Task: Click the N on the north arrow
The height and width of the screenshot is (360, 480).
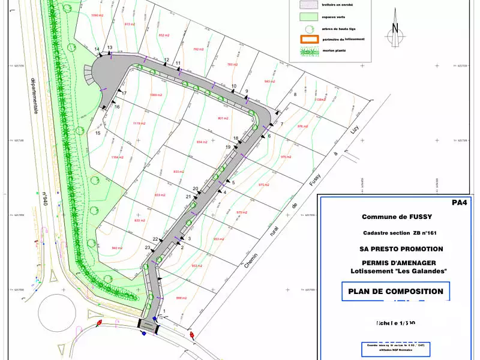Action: pyautogui.click(x=395, y=28)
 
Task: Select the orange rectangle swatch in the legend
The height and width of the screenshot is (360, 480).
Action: pyautogui.click(x=309, y=39)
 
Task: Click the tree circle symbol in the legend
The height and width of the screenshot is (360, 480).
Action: pyautogui.click(x=308, y=28)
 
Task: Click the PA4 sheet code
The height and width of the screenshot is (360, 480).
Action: pyautogui.click(x=458, y=203)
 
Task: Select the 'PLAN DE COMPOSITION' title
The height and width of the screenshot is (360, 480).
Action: pyautogui.click(x=396, y=292)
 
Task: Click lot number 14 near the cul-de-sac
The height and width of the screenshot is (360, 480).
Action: pyautogui.click(x=97, y=49)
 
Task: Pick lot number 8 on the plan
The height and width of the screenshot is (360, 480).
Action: pyautogui.click(x=295, y=94)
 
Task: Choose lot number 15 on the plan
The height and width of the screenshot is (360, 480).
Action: pyautogui.click(x=98, y=133)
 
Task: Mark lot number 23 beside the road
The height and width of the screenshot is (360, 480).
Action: pyautogui.click(x=148, y=247)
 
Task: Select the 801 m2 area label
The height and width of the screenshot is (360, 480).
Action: pyautogui.click(x=224, y=118)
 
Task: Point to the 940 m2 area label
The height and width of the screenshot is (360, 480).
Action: pyautogui.click(x=116, y=248)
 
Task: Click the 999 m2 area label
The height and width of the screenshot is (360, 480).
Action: pyautogui.click(x=182, y=298)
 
